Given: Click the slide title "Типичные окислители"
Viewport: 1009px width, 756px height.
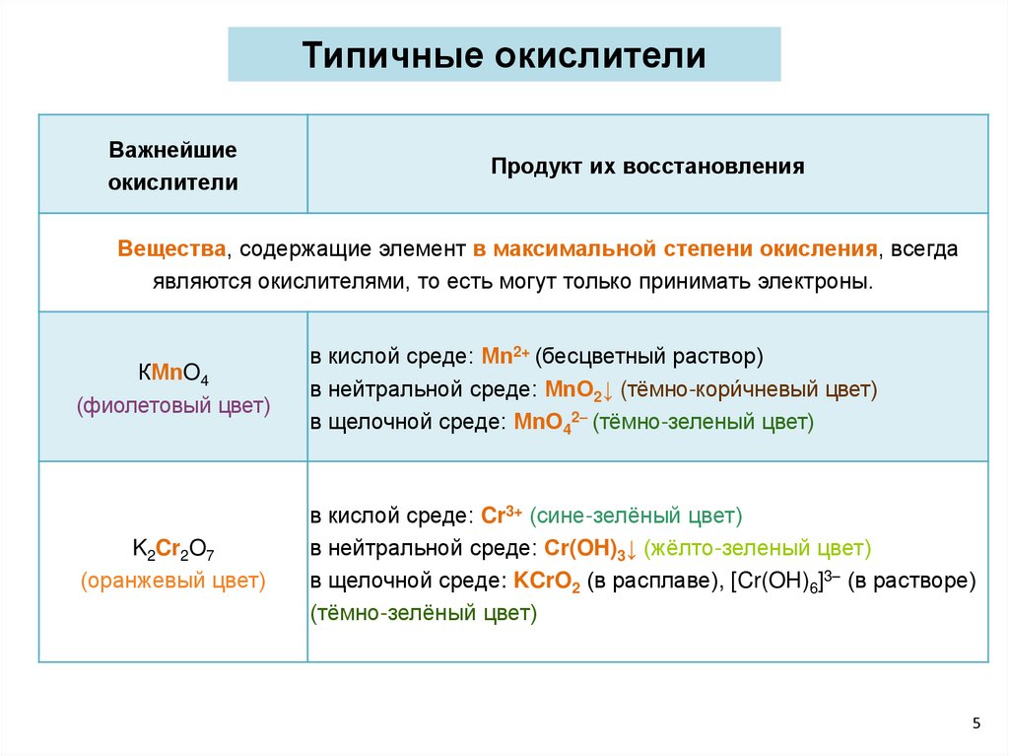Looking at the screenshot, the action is click(x=504, y=55).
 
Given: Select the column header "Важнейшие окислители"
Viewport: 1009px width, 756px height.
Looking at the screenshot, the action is click(x=173, y=166).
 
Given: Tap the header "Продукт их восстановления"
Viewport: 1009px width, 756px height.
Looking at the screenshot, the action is click(x=647, y=166).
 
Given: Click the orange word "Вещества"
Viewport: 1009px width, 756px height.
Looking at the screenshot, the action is click(x=172, y=248).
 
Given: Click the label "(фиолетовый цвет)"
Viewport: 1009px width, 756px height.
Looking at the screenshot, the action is click(x=173, y=405).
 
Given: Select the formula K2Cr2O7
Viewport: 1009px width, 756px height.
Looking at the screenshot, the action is click(x=173, y=549).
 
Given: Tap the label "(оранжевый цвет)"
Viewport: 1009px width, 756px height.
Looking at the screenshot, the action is click(x=173, y=581).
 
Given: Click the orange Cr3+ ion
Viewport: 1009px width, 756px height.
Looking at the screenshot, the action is click(x=502, y=515).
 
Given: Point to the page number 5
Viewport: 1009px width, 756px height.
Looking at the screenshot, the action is click(x=976, y=723).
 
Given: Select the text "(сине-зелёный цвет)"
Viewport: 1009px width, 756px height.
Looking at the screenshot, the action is click(x=636, y=515).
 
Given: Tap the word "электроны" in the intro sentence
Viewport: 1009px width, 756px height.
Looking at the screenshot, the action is click(x=824, y=281).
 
